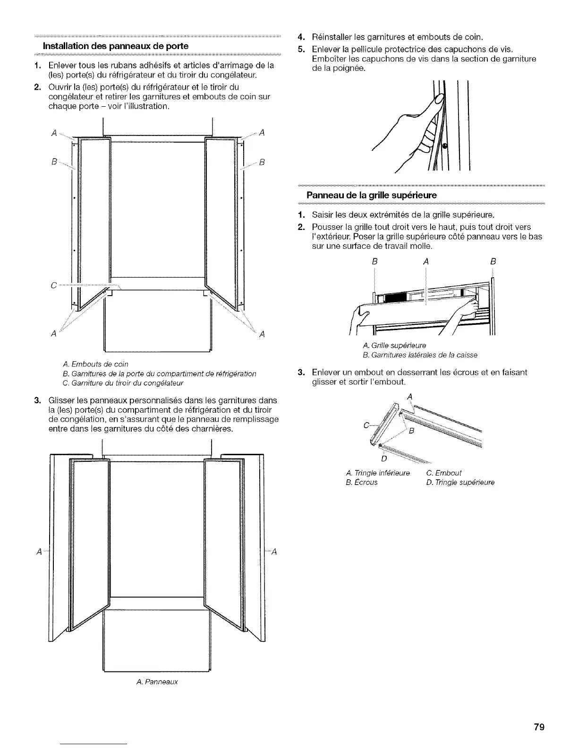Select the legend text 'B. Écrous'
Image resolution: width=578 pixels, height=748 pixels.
point(362,483)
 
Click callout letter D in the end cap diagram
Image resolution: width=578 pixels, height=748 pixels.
point(383,458)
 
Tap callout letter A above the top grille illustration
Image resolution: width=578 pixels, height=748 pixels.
point(426,261)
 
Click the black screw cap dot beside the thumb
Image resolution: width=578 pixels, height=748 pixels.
point(444,145)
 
